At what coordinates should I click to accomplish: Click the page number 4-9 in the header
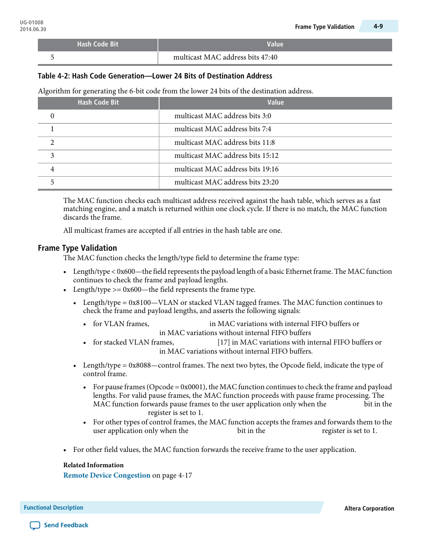378,27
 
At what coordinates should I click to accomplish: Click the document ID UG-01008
32,23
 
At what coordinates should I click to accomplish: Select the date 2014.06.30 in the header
33,29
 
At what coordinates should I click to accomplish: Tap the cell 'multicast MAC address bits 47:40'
225,57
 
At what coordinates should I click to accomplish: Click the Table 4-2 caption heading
155,76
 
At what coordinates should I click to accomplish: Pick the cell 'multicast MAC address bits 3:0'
223,116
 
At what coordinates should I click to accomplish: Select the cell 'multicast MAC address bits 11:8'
224,143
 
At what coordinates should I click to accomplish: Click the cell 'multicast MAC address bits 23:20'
226,182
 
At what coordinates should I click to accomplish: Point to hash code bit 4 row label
52,169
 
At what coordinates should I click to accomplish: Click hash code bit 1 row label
52,129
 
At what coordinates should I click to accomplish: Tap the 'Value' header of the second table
275,103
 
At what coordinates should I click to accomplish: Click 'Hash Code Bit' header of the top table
97,44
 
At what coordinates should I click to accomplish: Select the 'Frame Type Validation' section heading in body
78,248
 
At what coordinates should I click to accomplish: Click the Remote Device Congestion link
107,475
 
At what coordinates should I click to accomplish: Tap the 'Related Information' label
93,465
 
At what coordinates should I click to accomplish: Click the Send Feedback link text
66,525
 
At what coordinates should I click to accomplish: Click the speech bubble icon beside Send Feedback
35,525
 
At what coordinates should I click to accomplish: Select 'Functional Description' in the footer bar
54,508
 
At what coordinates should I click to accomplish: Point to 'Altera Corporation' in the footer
369,508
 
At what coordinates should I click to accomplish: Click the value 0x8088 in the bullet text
140,365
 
